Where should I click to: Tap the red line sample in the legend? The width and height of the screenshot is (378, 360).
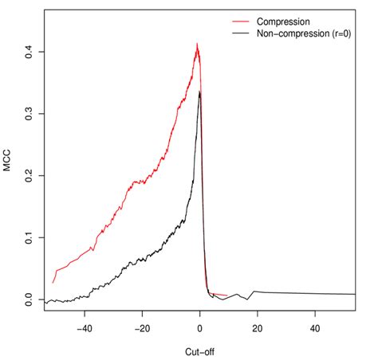click(x=242, y=21)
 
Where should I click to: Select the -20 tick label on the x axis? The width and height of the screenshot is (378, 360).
click(x=142, y=327)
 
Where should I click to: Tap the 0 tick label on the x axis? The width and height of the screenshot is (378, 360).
click(x=199, y=327)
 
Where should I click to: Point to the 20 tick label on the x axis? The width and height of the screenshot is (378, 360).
click(x=258, y=327)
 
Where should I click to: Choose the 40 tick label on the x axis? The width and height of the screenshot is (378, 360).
click(x=315, y=327)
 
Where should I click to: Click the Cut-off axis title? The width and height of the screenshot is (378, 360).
click(x=199, y=350)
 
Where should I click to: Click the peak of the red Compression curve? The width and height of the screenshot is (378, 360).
click(x=197, y=45)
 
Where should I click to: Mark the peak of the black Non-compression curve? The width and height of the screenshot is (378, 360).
click(x=199, y=92)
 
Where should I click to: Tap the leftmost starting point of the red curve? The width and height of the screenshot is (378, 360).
click(x=53, y=282)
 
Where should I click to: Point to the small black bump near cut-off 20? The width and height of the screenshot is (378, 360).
click(x=254, y=292)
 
